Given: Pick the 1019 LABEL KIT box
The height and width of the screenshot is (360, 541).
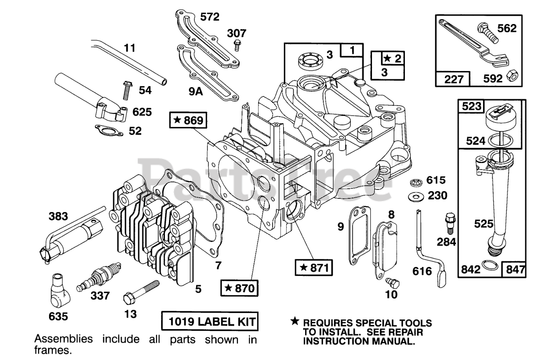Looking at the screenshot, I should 210,322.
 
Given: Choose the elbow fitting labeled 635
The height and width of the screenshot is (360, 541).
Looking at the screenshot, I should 59,291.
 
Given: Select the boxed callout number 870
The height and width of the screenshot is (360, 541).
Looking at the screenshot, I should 240,289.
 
